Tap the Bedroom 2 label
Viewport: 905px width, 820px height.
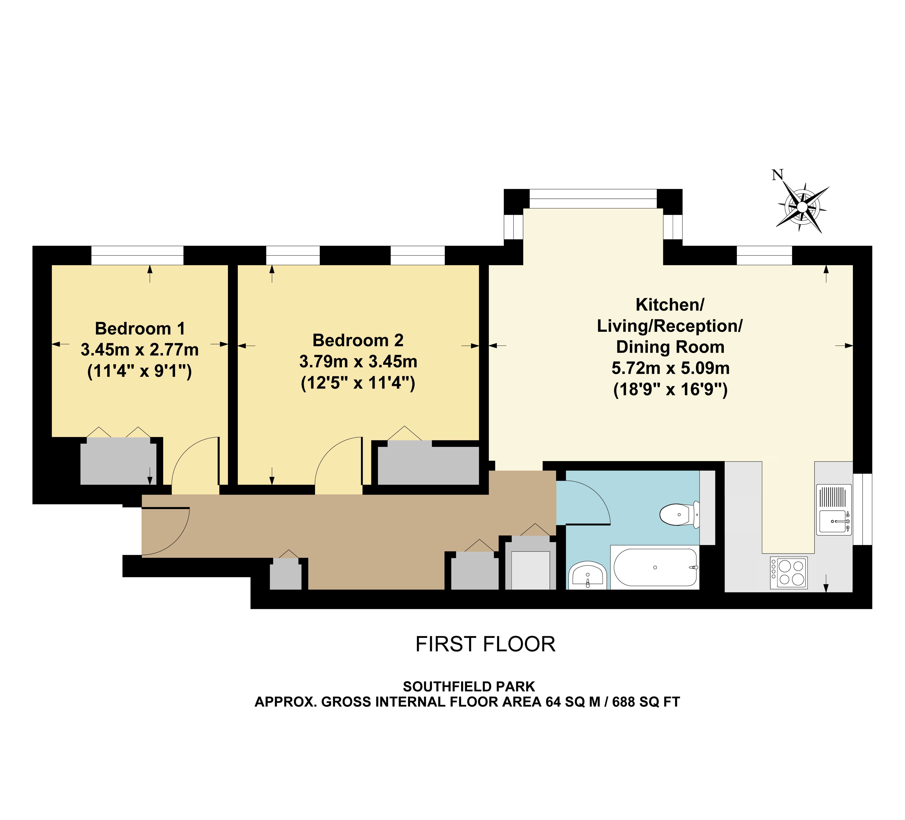point(358,340)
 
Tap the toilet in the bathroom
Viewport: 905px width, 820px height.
point(680,514)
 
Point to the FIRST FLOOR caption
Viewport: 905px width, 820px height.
point(485,644)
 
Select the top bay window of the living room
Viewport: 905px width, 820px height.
point(593,198)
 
